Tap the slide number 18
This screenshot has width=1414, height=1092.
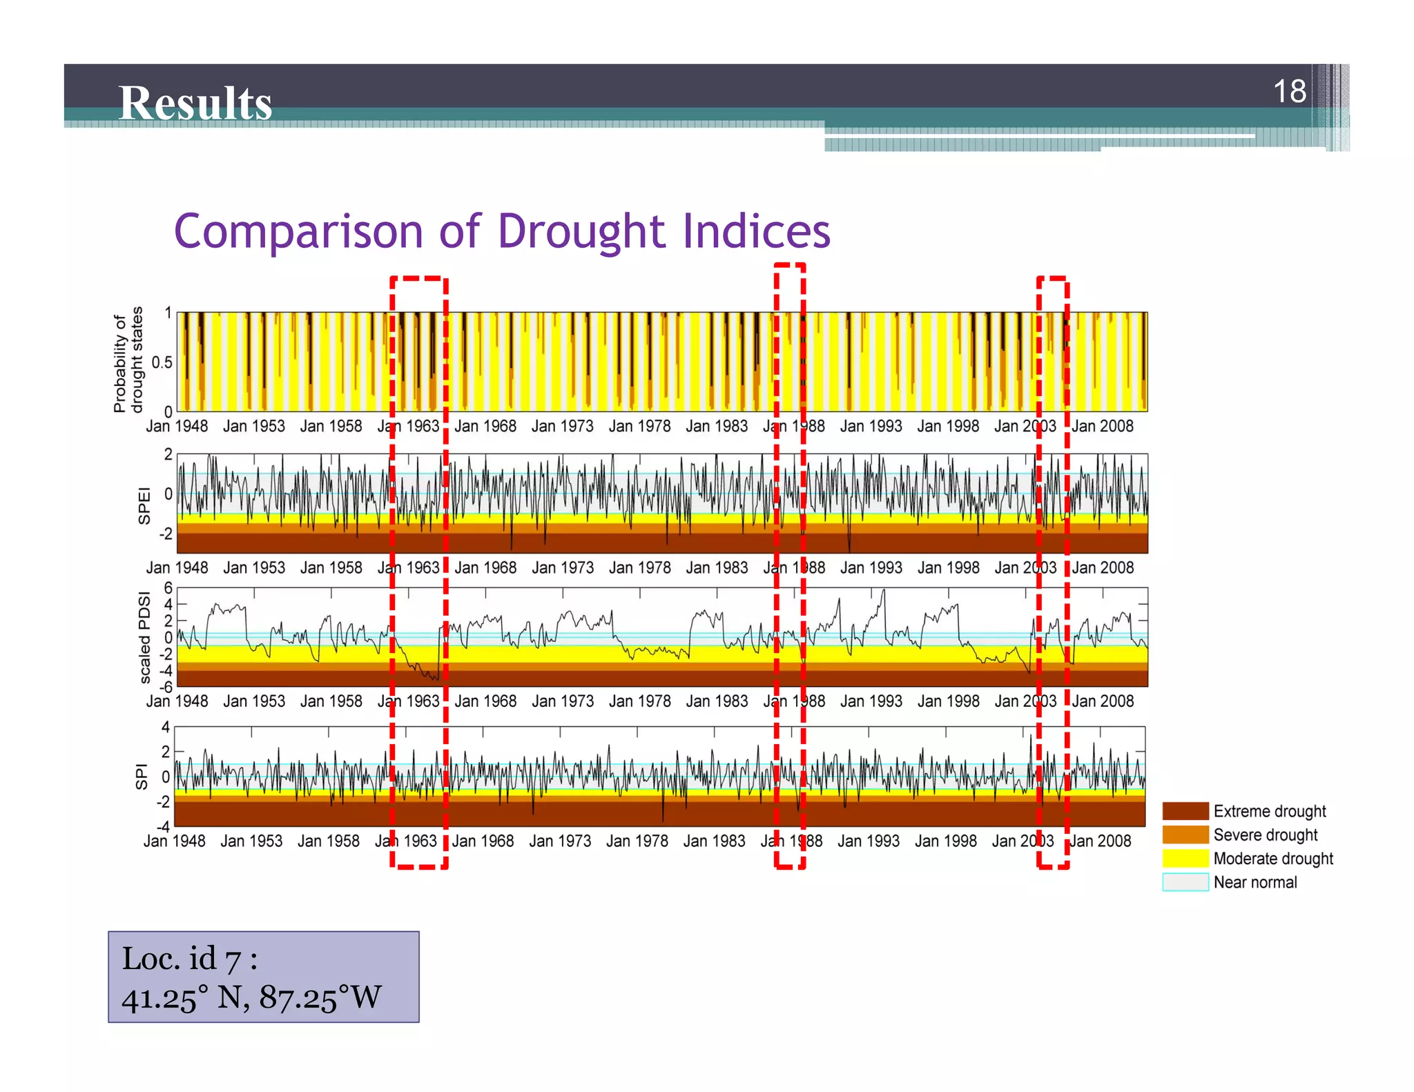coord(1289,91)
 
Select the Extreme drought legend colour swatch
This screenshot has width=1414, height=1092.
coord(1185,811)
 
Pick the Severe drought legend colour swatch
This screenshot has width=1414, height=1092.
coord(1185,835)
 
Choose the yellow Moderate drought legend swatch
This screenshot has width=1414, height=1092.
coord(1185,859)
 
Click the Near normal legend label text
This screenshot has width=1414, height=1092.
coord(1255,882)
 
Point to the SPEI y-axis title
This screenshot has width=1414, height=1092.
coord(144,505)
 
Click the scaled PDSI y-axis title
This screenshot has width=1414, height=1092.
coord(144,638)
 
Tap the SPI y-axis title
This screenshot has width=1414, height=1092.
coord(142,776)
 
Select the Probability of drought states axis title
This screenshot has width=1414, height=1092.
coord(128,360)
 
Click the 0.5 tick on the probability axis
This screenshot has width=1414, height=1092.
coord(162,362)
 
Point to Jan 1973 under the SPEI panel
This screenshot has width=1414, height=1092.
coord(562,567)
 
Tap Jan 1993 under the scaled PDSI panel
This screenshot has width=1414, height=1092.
coord(871,701)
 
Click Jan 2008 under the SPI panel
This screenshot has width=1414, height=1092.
coord(1100,841)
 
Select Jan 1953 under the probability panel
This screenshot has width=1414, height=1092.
coord(253,426)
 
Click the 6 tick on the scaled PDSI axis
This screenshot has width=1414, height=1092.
coord(168,588)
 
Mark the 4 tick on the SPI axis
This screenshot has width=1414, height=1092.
coord(166,727)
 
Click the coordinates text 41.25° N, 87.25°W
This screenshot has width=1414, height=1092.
coord(251,997)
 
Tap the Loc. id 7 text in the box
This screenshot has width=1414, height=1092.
coord(189,959)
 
